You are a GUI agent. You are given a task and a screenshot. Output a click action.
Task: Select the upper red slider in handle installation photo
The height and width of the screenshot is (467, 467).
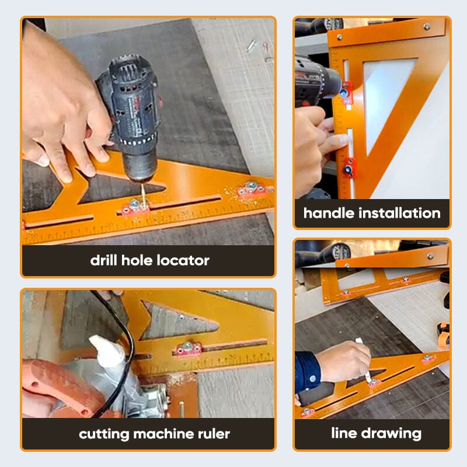pos(347,90)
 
